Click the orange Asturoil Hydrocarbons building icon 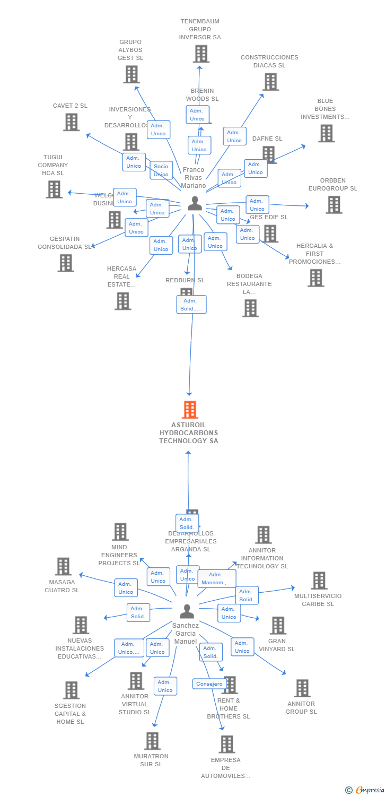tap(190, 410)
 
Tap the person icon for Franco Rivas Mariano tap(195, 204)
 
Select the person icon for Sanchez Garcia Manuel tap(187, 611)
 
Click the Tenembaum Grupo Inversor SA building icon tap(200, 54)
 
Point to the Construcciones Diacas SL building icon tap(270, 82)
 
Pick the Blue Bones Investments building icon tap(326, 133)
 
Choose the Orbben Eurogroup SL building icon tap(334, 204)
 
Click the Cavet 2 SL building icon tap(71, 122)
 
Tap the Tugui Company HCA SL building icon tap(54, 189)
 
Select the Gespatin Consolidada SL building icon tap(66, 263)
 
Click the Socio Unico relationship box tap(161, 170)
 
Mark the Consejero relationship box tap(209, 684)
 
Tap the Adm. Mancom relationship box tap(216, 578)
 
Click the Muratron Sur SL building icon tap(152, 741)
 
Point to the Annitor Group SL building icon tap(302, 688)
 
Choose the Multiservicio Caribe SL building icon tap(319, 581)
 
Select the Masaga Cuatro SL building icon tap(63, 566)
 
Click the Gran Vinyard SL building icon tap(278, 626)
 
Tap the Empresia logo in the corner tap(366, 790)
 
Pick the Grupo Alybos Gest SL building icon tap(131, 74)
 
